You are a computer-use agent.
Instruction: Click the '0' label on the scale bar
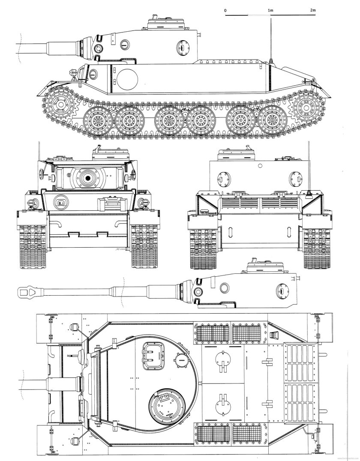225,9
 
